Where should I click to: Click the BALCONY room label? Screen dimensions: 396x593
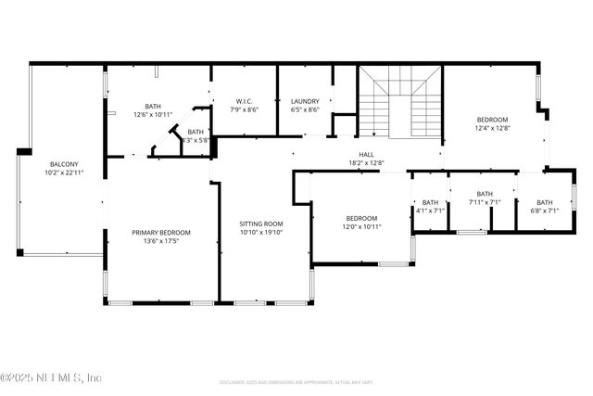(64, 163)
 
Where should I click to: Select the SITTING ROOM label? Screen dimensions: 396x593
(261, 224)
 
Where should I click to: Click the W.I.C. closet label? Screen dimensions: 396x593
(245, 100)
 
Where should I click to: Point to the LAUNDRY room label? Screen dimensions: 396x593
(305, 100)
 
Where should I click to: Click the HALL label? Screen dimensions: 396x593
(366, 155)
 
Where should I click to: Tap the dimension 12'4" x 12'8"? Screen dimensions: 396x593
(492, 128)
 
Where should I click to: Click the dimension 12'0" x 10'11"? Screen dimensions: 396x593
(361, 227)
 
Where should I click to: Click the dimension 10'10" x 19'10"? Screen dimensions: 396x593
(261, 233)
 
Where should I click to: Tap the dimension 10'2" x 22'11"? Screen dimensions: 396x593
(64, 172)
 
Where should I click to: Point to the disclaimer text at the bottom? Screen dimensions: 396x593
(296, 381)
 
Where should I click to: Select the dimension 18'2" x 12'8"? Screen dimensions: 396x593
(366, 164)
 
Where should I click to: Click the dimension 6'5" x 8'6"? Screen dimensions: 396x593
(305, 109)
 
